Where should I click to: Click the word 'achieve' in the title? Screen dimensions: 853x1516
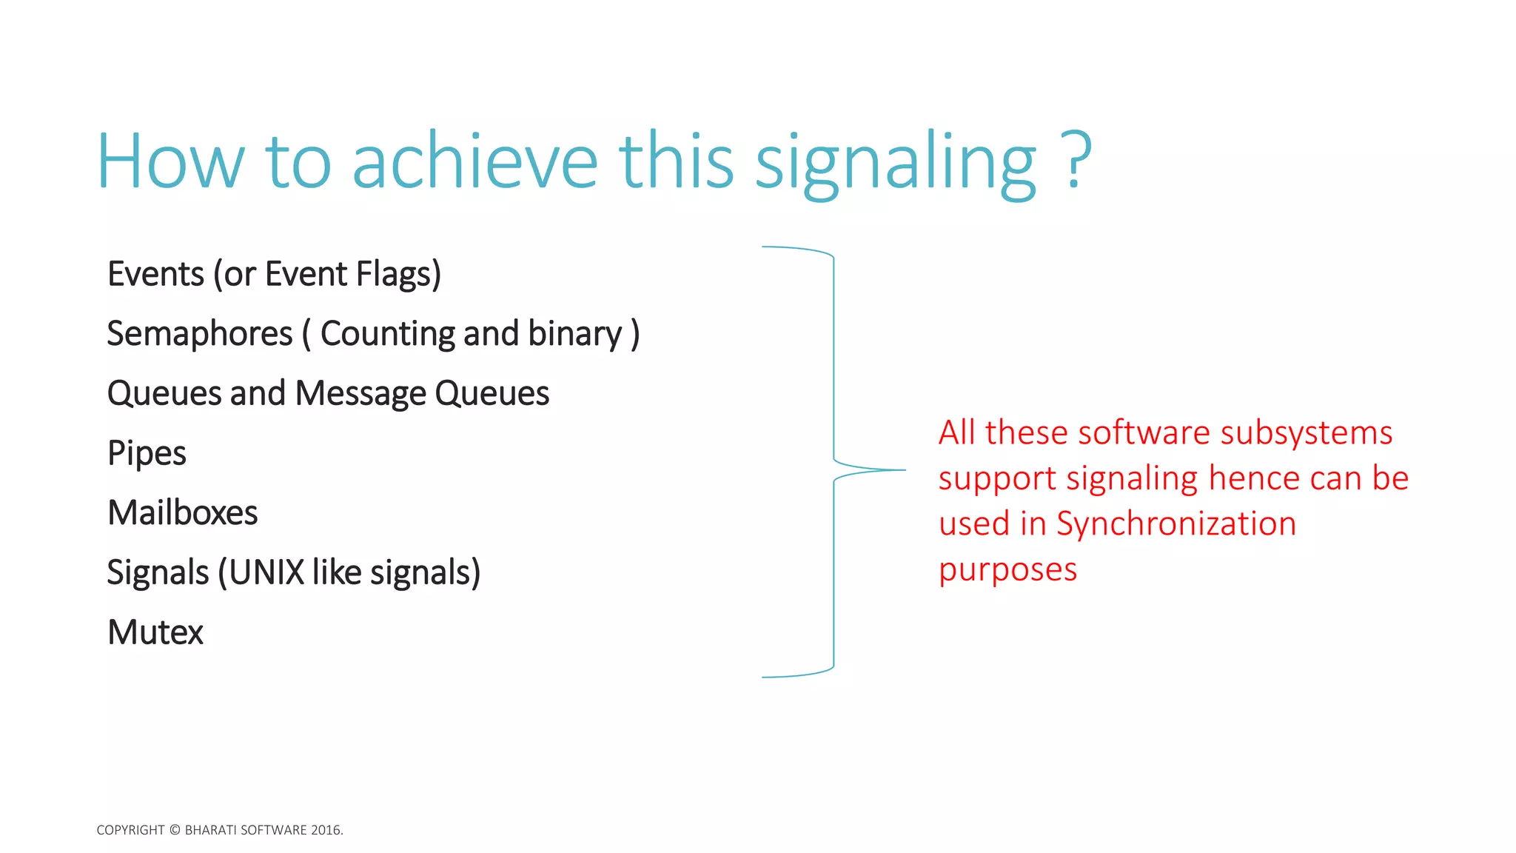474,161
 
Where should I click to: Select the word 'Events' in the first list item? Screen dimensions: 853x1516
155,274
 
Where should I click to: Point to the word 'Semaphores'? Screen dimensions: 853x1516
200,334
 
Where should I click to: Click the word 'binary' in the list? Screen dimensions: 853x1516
575,334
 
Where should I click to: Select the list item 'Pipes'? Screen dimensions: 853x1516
147,453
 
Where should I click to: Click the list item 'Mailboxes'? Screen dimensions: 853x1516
182,512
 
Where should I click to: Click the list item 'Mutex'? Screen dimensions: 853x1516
155,632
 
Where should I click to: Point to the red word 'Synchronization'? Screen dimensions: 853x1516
1175,523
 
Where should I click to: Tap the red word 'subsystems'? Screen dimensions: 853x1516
1306,432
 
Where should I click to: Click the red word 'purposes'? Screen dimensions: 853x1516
1007,569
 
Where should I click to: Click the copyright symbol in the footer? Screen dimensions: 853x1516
175,830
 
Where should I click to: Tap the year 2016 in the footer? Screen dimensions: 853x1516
326,830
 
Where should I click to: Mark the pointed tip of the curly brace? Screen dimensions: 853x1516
904,470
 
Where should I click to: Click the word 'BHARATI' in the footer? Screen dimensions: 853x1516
211,830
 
